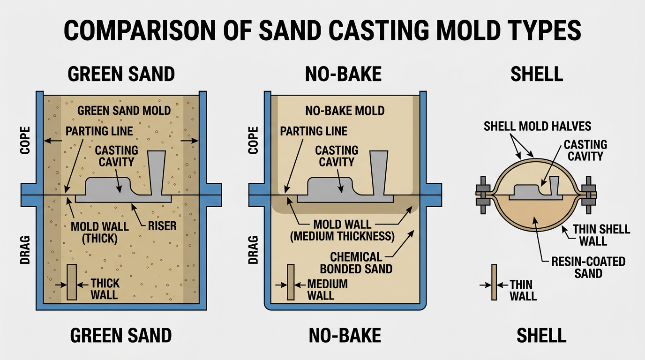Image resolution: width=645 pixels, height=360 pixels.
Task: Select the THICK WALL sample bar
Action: (x=72, y=282)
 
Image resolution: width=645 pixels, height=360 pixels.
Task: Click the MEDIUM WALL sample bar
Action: (x=291, y=282)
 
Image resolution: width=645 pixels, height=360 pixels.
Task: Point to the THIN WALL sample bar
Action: (x=494, y=282)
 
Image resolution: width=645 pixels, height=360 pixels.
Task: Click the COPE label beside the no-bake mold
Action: (x=253, y=140)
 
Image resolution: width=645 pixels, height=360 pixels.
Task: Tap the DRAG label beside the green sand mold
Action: (x=25, y=251)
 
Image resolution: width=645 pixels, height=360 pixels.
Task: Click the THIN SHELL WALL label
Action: (x=602, y=235)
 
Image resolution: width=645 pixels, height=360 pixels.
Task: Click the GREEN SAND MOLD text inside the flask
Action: (x=124, y=111)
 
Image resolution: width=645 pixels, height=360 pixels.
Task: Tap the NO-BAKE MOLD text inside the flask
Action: (x=345, y=111)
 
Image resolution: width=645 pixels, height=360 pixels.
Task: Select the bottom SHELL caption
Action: (x=541, y=335)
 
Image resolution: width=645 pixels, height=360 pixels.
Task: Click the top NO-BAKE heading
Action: (x=343, y=74)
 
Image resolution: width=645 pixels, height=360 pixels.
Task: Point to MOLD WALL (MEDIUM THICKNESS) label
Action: (x=342, y=231)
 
